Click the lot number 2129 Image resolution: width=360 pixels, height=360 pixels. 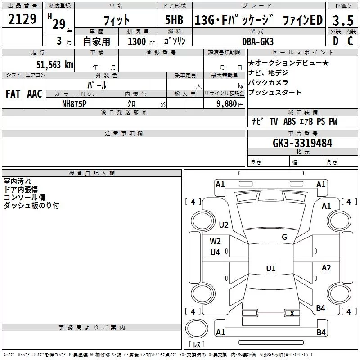pyautogui.click(x=22, y=19)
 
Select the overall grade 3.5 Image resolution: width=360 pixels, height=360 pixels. pyautogui.click(x=343, y=20)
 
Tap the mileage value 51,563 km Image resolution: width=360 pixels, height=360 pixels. pyautogui.click(x=55, y=65)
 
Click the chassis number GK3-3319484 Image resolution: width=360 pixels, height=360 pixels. pyautogui.click(x=302, y=143)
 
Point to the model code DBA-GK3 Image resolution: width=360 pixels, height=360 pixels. pyautogui.click(x=258, y=41)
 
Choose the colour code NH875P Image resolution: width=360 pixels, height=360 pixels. pyautogui.click(x=74, y=104)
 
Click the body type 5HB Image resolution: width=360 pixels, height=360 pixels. pyautogui.click(x=174, y=20)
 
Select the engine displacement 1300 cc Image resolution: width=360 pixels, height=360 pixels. pyautogui.click(x=141, y=41)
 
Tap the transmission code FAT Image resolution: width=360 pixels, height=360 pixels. pyautogui.click(x=13, y=94)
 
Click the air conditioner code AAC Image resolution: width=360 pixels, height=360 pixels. pyautogui.click(x=35, y=94)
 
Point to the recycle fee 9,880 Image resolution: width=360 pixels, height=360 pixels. pyautogui.click(x=227, y=104)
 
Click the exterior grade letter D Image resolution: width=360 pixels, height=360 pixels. pyautogui.click(x=336, y=41)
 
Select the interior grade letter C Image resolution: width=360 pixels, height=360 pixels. pyautogui.click(x=351, y=41)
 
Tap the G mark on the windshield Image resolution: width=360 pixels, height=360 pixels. pyautogui.click(x=284, y=237)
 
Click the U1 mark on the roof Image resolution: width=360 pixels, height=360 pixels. pyautogui.click(x=271, y=268)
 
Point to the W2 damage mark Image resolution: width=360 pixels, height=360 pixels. pyautogui.click(x=215, y=241)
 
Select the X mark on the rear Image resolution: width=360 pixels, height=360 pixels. pyautogui.click(x=292, y=313)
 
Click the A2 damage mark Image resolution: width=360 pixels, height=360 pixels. pyautogui.click(x=326, y=267)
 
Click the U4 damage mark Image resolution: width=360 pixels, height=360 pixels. pyautogui.click(x=215, y=252)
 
